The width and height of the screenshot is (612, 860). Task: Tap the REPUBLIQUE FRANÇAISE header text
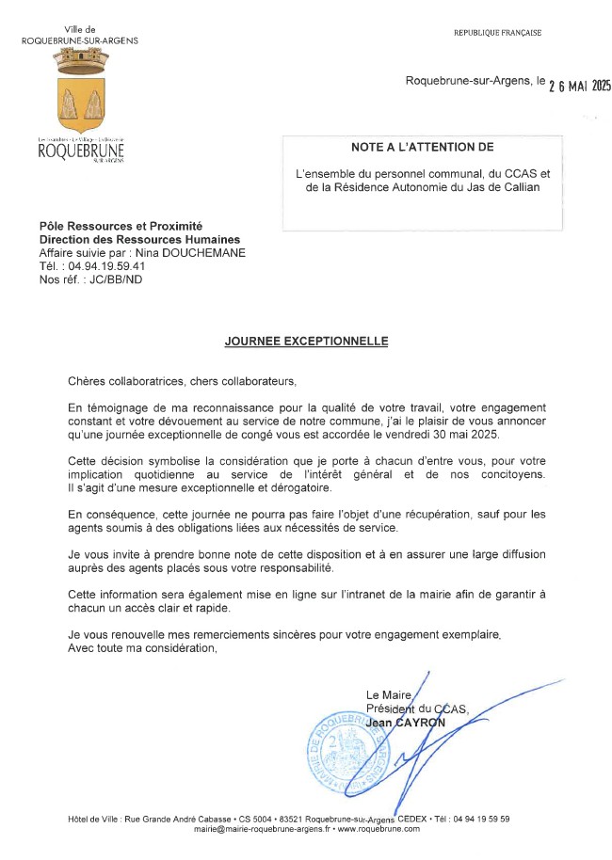click(497, 33)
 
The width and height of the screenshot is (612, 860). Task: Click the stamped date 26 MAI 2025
click(580, 86)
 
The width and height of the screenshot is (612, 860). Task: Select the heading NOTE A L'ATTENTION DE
click(422, 148)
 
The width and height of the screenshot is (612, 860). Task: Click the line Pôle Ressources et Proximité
click(121, 227)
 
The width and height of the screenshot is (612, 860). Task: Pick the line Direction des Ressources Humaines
click(139, 240)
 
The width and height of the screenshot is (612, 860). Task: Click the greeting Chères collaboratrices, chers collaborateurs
click(182, 381)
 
